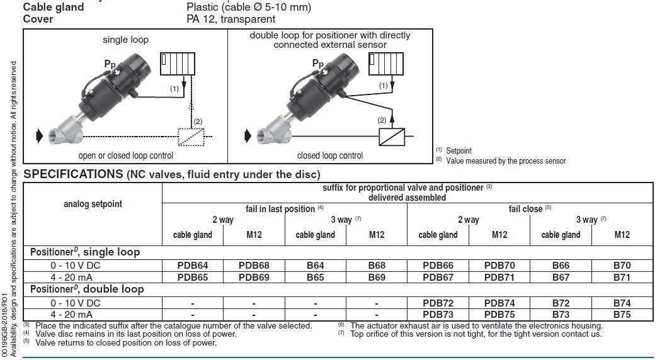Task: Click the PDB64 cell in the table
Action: click(x=193, y=266)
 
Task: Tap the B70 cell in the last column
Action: click(x=622, y=266)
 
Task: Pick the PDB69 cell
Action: click(x=254, y=277)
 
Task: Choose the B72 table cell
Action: click(x=561, y=303)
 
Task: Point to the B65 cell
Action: click(x=315, y=277)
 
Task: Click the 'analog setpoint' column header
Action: click(x=93, y=204)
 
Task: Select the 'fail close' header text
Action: click(x=526, y=208)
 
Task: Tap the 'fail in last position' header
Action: click(x=280, y=208)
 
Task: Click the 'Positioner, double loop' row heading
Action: click(x=87, y=290)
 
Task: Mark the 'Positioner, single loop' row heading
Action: click(x=85, y=252)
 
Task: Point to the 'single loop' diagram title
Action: click(x=125, y=40)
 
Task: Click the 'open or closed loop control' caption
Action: click(x=125, y=155)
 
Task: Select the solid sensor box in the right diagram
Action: click(x=392, y=137)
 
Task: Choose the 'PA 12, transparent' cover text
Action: click(x=231, y=19)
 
